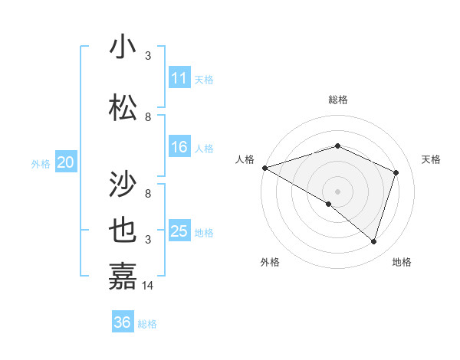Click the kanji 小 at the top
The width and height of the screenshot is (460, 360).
click(x=123, y=47)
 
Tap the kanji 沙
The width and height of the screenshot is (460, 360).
click(x=123, y=185)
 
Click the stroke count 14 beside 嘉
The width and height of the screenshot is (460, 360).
click(x=149, y=285)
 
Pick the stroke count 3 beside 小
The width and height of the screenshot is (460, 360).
click(x=148, y=55)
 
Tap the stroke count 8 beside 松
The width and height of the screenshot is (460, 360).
click(x=148, y=116)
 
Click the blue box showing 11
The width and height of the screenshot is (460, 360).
click(x=179, y=78)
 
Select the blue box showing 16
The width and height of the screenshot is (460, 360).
click(x=179, y=147)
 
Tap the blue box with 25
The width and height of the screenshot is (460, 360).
click(x=179, y=231)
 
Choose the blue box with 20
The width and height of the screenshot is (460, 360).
click(x=65, y=162)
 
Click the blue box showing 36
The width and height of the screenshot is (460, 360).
click(x=122, y=322)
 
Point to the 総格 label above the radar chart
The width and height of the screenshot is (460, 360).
click(x=338, y=100)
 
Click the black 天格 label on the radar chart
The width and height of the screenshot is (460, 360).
click(x=432, y=159)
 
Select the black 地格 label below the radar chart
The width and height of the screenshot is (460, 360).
click(x=402, y=262)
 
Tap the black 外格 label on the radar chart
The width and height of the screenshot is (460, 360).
click(x=270, y=262)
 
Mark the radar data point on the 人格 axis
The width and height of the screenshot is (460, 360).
click(x=264, y=167)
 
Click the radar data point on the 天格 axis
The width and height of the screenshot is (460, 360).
click(x=396, y=172)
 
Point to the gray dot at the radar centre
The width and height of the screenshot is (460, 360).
click(x=337, y=191)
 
